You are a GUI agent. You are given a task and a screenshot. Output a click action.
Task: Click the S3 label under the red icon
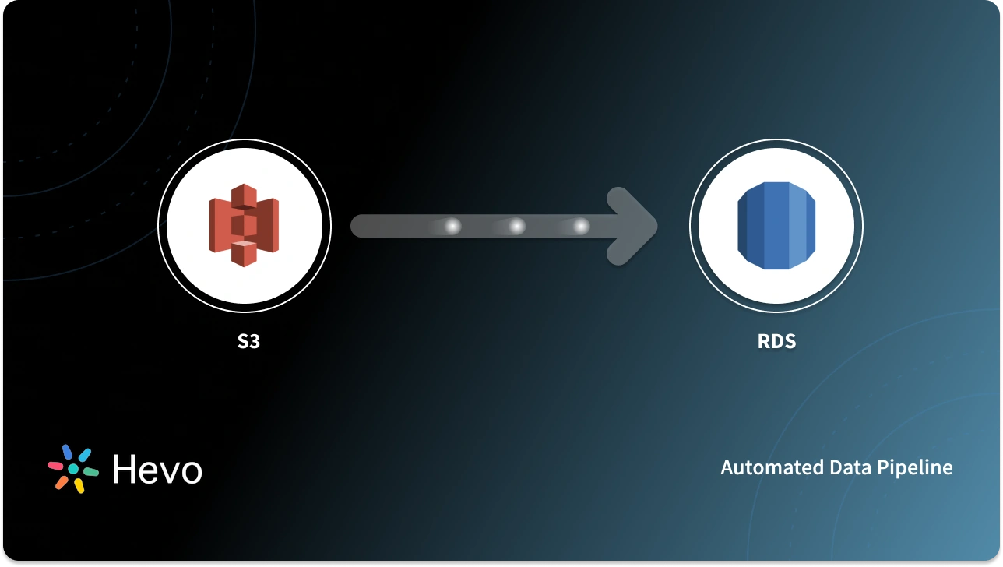tap(248, 341)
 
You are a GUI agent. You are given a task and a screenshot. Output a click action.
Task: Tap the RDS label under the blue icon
tap(776, 341)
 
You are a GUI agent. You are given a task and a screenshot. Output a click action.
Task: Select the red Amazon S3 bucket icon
tap(244, 226)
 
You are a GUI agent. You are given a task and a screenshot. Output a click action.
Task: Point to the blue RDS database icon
tap(776, 226)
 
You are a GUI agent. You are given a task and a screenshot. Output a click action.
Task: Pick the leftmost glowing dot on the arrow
tap(452, 227)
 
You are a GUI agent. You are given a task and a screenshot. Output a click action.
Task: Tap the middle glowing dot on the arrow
tap(516, 227)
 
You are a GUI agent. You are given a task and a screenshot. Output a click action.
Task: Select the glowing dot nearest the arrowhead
tap(581, 227)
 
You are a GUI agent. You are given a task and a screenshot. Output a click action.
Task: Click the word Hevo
tap(157, 470)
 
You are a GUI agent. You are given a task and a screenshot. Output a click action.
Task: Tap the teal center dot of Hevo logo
tap(73, 469)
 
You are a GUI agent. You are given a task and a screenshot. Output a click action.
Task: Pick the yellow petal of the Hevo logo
tap(79, 485)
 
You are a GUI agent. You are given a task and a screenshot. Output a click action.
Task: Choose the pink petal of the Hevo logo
tap(56, 465)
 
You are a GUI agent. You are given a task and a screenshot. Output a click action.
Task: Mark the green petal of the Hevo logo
tap(90, 472)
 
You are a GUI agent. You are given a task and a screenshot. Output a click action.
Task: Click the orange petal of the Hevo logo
tap(62, 482)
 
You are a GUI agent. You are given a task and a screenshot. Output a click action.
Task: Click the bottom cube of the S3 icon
tap(244, 253)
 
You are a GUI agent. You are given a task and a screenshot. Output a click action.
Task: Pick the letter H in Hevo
tap(125, 470)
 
